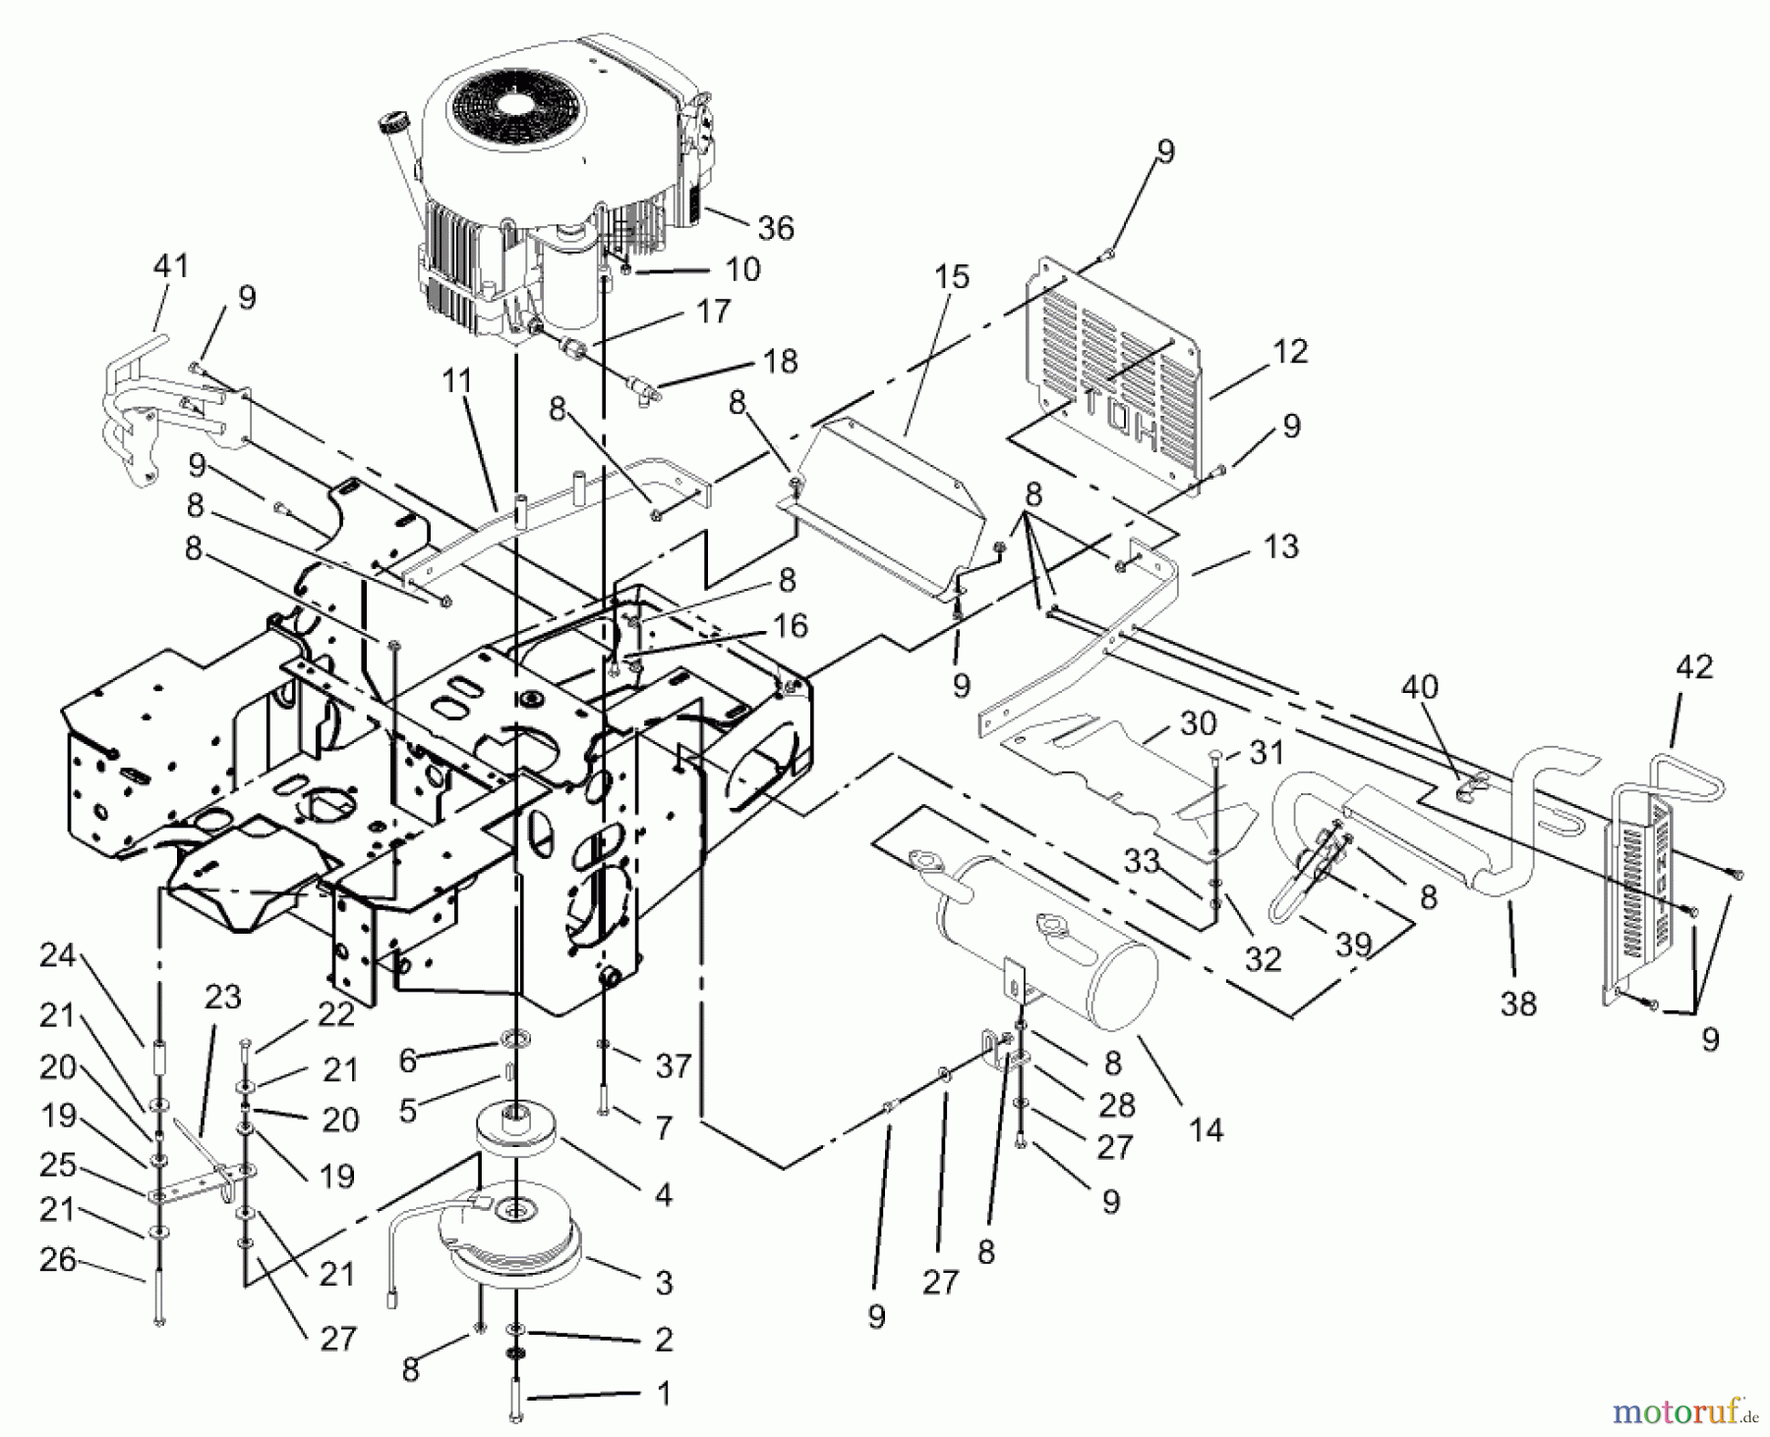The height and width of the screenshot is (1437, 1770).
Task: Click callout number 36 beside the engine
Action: click(x=776, y=228)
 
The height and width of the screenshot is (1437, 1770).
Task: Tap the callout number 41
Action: click(x=171, y=266)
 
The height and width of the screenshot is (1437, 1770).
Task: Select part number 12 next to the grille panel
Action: click(x=1290, y=351)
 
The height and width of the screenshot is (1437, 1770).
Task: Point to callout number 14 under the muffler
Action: click(x=1206, y=1130)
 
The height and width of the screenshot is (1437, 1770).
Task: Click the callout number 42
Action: click(x=1694, y=667)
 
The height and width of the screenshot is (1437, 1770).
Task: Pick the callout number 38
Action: click(x=1518, y=1004)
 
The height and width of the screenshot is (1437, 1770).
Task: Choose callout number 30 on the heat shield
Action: click(x=1198, y=723)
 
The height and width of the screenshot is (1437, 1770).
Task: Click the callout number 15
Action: click(x=952, y=276)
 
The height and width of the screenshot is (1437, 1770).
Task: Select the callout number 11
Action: click(x=457, y=380)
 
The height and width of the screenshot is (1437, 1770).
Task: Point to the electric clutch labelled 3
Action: click(x=511, y=1240)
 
